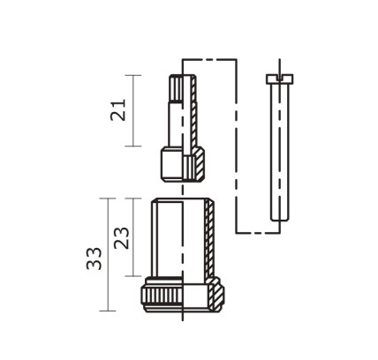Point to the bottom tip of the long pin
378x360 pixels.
[x=277, y=217]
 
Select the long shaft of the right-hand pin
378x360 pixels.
[x=277, y=150]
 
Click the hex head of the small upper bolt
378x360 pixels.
[x=173, y=162]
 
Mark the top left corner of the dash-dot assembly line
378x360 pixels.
[x=182, y=58]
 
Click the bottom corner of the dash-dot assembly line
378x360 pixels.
[x=237, y=232]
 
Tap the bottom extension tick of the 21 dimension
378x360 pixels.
[x=134, y=146]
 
